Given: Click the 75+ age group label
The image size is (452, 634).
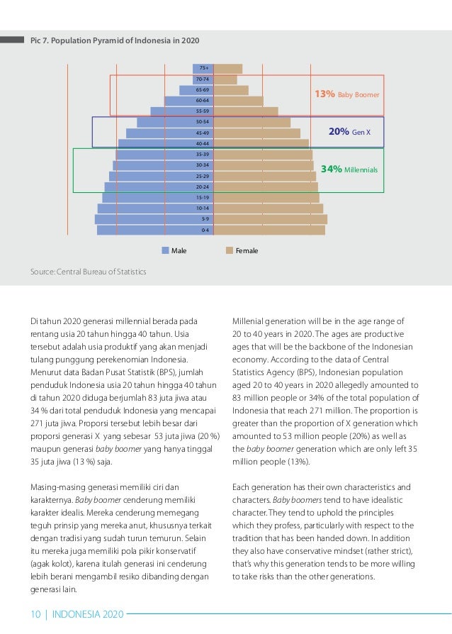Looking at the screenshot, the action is [204, 68].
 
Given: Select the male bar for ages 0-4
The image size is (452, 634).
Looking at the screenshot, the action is [155, 230].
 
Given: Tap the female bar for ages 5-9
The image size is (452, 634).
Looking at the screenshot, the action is [270, 219].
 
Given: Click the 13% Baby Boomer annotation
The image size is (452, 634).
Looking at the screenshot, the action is [347, 94].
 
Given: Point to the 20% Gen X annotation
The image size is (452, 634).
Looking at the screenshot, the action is [349, 131].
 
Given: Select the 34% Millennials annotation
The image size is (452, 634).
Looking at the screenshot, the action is [349, 169].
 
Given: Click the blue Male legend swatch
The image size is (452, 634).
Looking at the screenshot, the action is [165, 250].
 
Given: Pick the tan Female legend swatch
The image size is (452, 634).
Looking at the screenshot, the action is [230, 250].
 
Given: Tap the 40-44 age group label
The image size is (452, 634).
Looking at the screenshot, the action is [203, 143].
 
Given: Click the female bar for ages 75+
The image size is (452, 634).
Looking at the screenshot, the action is [228, 69].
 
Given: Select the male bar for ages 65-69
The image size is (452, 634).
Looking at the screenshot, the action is [196, 90].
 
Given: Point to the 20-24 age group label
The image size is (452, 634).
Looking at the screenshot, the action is [203, 187].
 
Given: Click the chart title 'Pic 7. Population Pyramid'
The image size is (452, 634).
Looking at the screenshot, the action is [115, 40].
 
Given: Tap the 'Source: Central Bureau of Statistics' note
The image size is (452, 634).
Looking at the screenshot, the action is [88, 272].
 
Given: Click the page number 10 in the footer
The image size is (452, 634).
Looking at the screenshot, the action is [35, 614].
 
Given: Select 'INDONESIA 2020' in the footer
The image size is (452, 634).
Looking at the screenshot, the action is [88, 614].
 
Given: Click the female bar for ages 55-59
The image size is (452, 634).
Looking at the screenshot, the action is [246, 111].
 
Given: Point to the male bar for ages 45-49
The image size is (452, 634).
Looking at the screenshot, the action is [169, 133].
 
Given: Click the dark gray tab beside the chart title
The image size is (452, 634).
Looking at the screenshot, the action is [12, 40].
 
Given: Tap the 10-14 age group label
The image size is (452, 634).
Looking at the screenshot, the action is [203, 208].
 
